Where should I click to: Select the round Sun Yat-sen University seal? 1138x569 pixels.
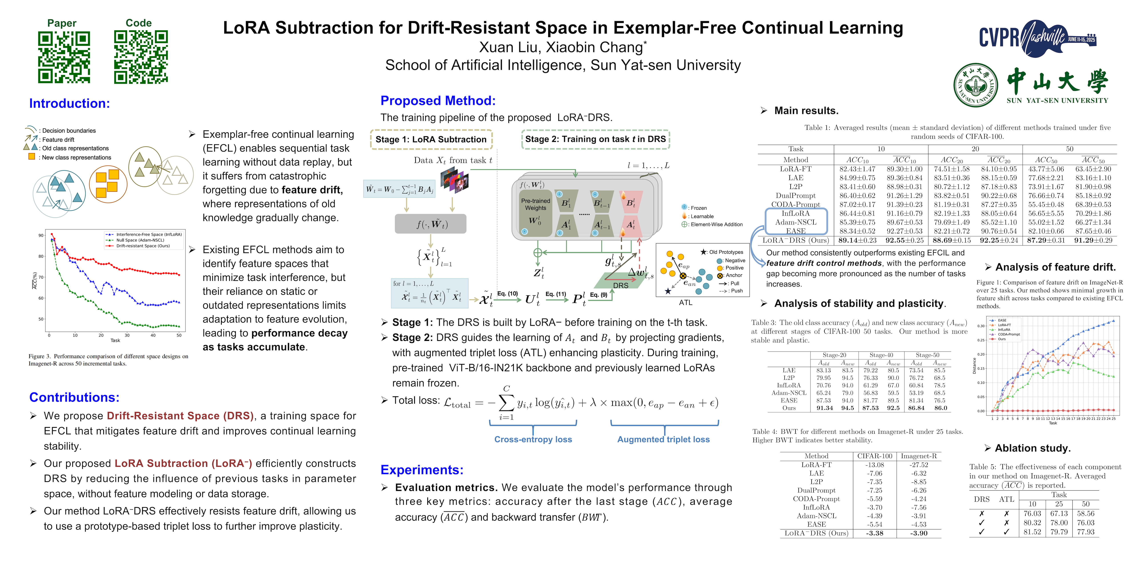(x=976, y=85)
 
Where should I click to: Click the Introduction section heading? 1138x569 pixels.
(x=69, y=103)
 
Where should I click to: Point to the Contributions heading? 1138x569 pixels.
(x=74, y=397)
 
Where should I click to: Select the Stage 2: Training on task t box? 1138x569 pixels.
(x=595, y=139)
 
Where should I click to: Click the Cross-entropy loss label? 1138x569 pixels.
(x=533, y=439)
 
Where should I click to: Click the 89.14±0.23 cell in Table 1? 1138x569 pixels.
(x=857, y=240)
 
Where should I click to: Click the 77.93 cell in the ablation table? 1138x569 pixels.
(x=1085, y=532)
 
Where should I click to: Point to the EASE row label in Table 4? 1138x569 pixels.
(x=816, y=524)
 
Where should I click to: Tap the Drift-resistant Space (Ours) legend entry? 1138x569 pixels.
(x=143, y=246)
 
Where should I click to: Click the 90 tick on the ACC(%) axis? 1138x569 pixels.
(x=41, y=235)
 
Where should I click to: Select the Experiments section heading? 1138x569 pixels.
(x=422, y=470)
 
